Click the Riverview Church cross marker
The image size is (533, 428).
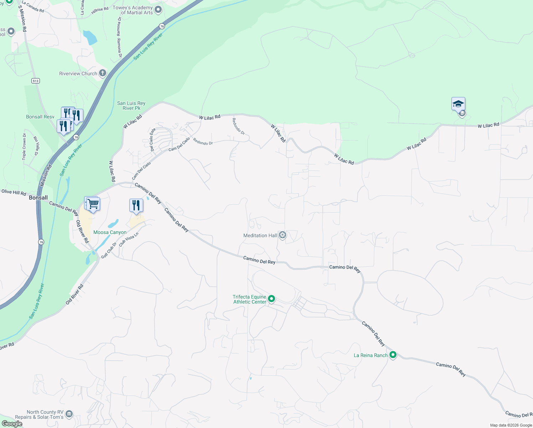(x=103, y=73)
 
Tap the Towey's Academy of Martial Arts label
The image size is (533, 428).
(x=133, y=10)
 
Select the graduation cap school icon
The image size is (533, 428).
(x=458, y=104)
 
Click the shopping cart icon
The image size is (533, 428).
(x=93, y=204)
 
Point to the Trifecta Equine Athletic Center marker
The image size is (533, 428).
(x=271, y=299)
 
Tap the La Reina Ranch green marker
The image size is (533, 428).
(x=393, y=355)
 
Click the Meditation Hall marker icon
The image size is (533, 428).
(x=283, y=235)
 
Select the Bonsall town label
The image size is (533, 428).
(x=38, y=198)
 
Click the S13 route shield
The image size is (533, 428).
(x=35, y=81)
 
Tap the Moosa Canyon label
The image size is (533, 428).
(x=110, y=232)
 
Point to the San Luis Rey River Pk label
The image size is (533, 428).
(x=131, y=106)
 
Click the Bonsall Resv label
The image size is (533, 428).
(x=40, y=117)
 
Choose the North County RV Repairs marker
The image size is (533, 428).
(x=69, y=414)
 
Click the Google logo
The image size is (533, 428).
(x=12, y=424)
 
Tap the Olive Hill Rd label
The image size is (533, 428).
(x=14, y=192)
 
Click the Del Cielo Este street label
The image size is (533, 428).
(x=152, y=139)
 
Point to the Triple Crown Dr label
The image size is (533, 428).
(x=24, y=146)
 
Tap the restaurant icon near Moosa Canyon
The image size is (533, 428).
(x=136, y=205)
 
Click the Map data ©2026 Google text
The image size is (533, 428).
(x=511, y=425)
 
